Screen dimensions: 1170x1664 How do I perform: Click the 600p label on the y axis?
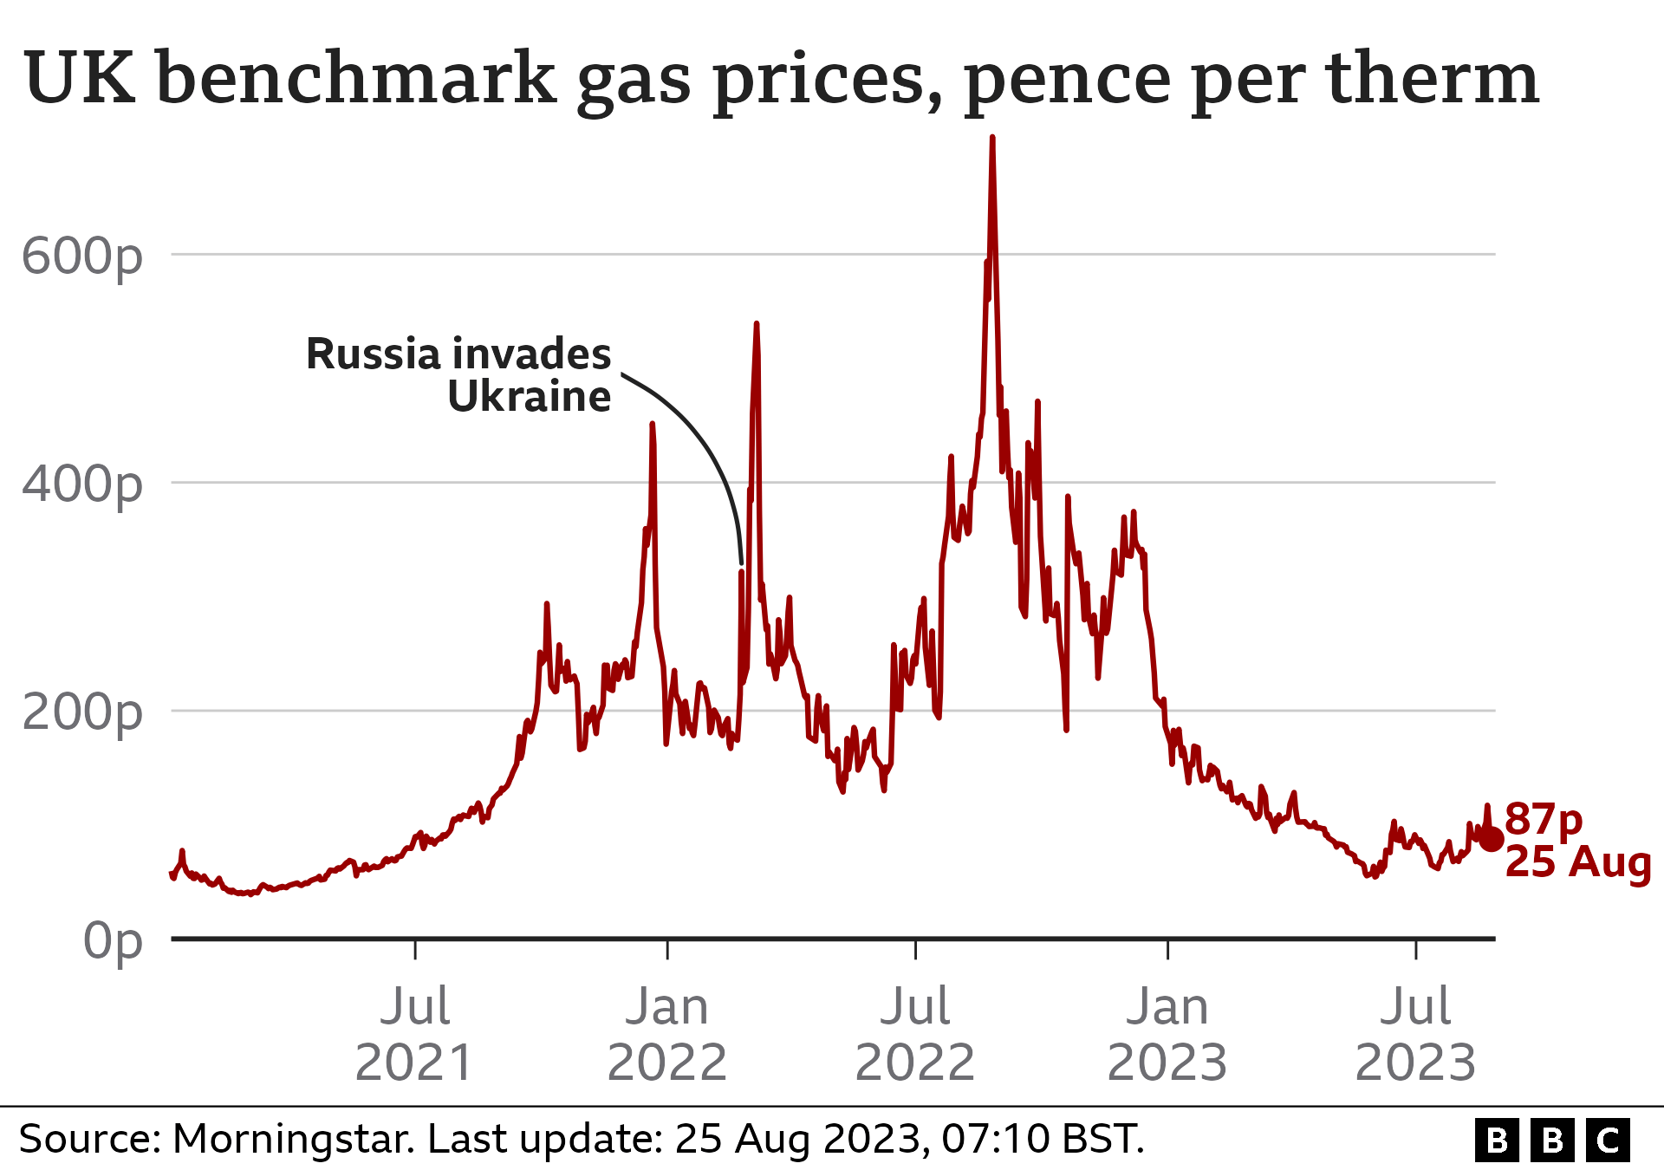click(81, 257)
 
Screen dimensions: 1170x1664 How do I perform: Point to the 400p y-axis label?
click(81, 484)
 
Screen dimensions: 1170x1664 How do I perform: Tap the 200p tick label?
click(81, 712)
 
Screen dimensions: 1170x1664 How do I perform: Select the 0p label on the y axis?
click(113, 940)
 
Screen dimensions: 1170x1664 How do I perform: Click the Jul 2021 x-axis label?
click(415, 1034)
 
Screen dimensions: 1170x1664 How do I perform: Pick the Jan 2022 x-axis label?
click(667, 1034)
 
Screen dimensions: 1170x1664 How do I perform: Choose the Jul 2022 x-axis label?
click(915, 1034)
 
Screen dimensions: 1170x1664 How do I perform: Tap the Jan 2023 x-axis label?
click(1167, 1034)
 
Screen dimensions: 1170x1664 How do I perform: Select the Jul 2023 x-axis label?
click(1415, 1034)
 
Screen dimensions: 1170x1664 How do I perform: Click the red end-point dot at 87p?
click(1492, 839)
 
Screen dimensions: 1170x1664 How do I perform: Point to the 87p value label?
click(1544, 819)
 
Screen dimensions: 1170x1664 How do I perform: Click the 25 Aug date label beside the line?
click(1578, 862)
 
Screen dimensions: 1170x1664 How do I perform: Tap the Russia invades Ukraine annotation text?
click(458, 375)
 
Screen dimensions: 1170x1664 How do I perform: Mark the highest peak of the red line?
click(992, 138)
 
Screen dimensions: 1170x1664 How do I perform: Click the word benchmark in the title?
click(356, 79)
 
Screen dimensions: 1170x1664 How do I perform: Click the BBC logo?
click(1552, 1141)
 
